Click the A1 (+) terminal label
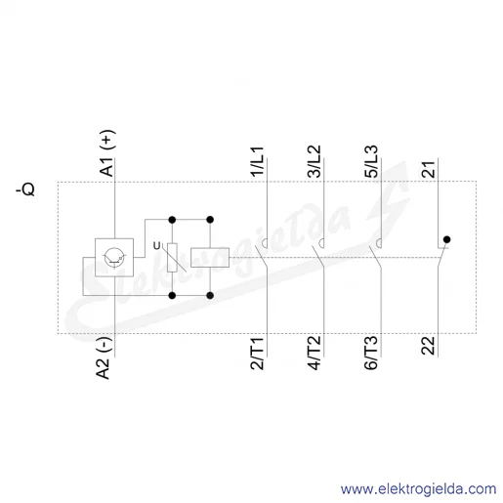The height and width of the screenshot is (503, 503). [107, 153]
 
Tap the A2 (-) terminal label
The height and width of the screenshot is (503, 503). [105, 358]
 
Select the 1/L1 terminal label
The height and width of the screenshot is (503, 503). [257, 162]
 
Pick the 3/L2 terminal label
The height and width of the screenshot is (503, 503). [314, 161]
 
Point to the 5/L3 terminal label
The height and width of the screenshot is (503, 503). [371, 161]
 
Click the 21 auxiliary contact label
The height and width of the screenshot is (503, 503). [429, 169]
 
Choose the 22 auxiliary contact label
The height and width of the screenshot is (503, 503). [428, 346]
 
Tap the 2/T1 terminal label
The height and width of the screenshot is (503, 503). [257, 354]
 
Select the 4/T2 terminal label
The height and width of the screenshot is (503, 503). [314, 354]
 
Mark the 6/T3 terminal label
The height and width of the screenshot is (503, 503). [371, 354]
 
